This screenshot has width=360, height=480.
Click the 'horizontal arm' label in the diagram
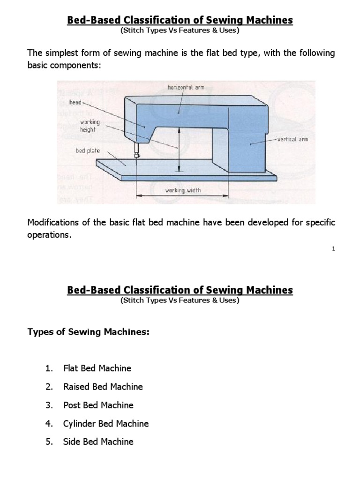(186, 87)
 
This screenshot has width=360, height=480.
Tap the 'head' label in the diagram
(75, 102)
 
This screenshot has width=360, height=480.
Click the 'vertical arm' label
(292, 140)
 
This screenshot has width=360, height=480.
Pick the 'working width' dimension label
(183, 190)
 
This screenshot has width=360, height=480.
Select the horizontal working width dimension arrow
(182, 197)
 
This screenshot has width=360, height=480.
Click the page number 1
(333, 249)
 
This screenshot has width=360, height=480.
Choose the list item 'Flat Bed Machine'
(97, 368)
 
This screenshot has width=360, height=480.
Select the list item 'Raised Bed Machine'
(103, 387)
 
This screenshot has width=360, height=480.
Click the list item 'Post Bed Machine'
(98, 405)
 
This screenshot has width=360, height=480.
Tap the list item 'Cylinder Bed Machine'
(105, 423)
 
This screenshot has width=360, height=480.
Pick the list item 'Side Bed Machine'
(98, 442)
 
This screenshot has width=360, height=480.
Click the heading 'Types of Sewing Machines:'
(89, 332)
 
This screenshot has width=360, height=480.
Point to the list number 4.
(48, 423)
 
